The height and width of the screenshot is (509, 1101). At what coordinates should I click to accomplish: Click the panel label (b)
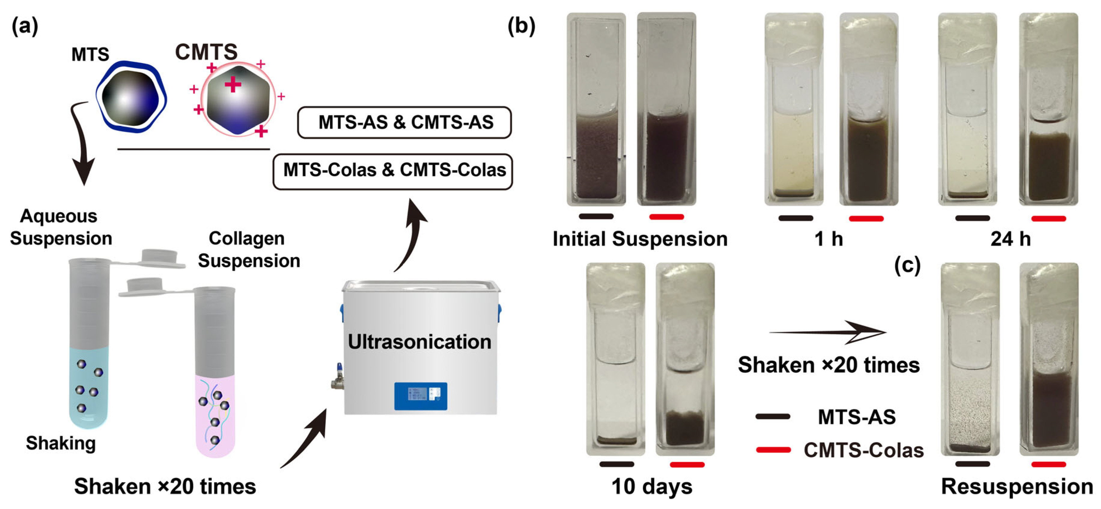pos(521,26)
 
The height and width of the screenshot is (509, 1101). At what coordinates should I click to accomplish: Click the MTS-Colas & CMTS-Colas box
pos(393,171)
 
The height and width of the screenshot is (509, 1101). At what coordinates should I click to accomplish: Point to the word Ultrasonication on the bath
pos(419,342)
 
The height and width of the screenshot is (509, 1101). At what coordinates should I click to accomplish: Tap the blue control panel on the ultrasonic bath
pos(421,396)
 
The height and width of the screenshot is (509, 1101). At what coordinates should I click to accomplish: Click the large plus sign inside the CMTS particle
pos(233,84)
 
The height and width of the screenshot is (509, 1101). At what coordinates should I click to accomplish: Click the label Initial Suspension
pos(640,239)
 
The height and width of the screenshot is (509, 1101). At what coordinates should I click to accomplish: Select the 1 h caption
pos(828,239)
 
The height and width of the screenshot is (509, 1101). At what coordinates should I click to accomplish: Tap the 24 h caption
pos(1010,239)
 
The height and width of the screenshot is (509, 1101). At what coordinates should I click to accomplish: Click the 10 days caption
pos(652,486)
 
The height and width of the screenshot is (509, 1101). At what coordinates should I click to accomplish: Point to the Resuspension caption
pos(1017,486)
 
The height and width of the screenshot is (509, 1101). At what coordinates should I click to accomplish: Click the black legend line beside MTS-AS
pos(773,416)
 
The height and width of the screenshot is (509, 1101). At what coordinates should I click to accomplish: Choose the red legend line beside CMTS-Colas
pos(773,450)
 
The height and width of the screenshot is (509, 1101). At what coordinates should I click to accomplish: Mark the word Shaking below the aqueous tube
pos(61,443)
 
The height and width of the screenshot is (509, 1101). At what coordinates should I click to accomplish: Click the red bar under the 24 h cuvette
pos(1048,219)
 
